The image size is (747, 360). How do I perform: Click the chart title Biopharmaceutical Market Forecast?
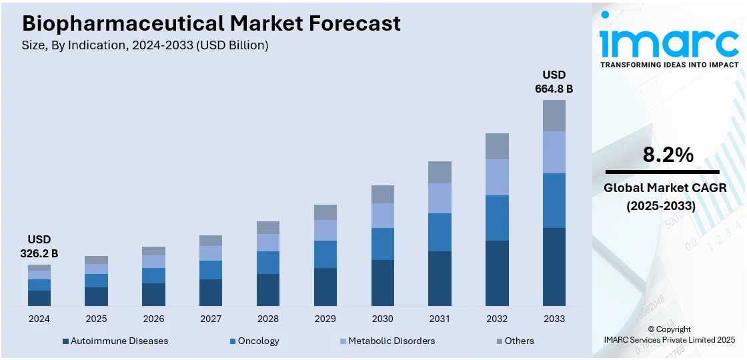(211, 24)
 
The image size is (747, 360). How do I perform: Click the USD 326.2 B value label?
(39, 246)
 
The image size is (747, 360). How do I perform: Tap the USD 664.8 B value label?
(554, 81)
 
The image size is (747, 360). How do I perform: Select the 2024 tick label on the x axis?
(39, 319)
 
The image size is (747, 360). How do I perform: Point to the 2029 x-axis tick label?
(325, 319)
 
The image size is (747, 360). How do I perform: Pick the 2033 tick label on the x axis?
(554, 319)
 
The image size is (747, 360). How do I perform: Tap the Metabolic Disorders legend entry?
(391, 341)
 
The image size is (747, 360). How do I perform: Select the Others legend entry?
(519, 341)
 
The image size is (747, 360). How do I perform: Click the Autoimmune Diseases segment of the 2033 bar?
(554, 267)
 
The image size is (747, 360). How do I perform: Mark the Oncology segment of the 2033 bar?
(554, 201)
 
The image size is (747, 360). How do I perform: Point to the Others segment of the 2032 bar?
(497, 146)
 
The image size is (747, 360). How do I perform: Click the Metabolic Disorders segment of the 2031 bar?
(440, 198)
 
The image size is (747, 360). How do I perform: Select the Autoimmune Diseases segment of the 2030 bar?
(382, 283)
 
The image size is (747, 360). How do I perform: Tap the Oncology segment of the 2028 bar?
(268, 263)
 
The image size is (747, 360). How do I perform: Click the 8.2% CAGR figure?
(668, 155)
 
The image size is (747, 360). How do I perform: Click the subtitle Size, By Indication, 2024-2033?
(145, 45)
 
